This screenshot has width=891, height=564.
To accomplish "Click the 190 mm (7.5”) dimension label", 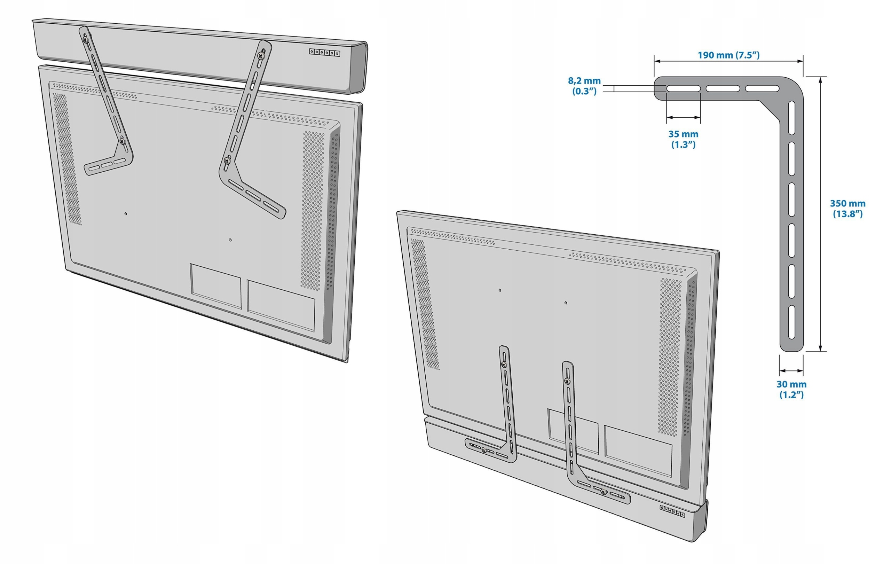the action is coord(728,55).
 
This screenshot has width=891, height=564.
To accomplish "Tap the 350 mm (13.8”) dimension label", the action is coord(847,208).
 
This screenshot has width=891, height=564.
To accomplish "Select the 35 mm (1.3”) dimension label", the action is coord(683,139).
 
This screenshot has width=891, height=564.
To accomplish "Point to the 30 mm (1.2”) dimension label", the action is coord(791,389).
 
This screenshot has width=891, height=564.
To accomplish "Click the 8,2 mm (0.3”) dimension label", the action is coord(584,86).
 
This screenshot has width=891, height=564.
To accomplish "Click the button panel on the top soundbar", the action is coord(324,53).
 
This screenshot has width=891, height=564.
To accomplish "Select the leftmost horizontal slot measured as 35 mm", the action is coord(683,89).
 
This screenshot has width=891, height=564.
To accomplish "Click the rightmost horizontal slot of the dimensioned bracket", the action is coord(762,89).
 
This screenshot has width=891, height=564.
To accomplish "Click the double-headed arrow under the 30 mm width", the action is coord(791,370).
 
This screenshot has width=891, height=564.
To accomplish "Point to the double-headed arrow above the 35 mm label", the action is coord(683,118).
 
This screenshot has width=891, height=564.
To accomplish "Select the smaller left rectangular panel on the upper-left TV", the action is coord(216,285).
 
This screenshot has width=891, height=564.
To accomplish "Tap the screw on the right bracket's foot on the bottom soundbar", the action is coord(604,492).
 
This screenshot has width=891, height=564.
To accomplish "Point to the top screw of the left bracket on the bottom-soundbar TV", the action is coord(504,365).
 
